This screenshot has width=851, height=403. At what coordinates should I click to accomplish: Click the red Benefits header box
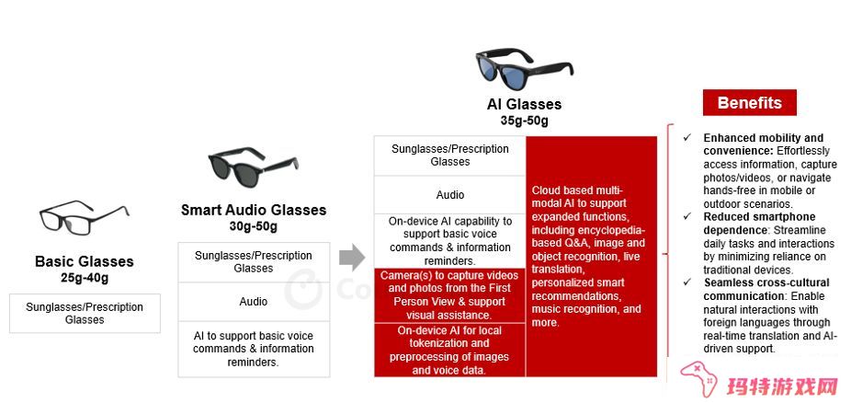pyautogui.click(x=750, y=103)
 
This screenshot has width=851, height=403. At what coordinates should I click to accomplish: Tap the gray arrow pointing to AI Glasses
pyautogui.click(x=352, y=258)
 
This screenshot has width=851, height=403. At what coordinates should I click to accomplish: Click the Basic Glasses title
pyautogui.click(x=85, y=261)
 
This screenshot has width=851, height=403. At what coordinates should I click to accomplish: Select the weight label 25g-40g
pyautogui.click(x=85, y=278)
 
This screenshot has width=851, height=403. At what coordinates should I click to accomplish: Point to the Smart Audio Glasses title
pyautogui.click(x=254, y=210)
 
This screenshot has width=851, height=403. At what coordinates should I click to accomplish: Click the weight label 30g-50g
pyautogui.click(x=253, y=226)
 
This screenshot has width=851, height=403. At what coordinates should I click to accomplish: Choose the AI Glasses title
pyautogui.click(x=524, y=104)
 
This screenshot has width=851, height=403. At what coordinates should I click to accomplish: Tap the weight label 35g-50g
pyautogui.click(x=524, y=121)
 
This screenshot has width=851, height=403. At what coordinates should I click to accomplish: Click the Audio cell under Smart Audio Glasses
pyautogui.click(x=254, y=302)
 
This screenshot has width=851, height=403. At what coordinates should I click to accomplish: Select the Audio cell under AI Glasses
pyautogui.click(x=450, y=195)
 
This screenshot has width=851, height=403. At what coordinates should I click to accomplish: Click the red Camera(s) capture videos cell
pyautogui.click(x=450, y=295)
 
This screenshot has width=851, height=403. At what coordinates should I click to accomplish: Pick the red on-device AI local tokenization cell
pyautogui.click(x=450, y=351)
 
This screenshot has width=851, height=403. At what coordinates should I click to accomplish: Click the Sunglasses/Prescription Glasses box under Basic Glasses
pyautogui.click(x=85, y=314)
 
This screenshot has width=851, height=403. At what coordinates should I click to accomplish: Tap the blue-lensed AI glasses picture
pyautogui.click(x=524, y=68)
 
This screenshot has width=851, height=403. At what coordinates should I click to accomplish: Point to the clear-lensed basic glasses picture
pyautogui.click(x=85, y=218)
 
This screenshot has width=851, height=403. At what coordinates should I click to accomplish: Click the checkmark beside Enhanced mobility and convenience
pyautogui.click(x=687, y=137)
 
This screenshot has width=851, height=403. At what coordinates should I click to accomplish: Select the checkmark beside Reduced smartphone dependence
pyautogui.click(x=687, y=216)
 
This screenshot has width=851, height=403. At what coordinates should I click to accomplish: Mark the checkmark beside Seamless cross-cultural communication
pyautogui.click(x=687, y=282)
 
